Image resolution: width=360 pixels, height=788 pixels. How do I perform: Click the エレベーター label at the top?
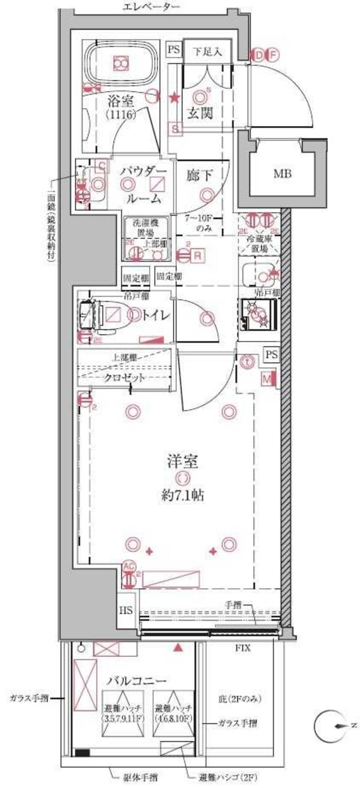coord(151,7)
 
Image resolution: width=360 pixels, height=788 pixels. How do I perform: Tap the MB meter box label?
coord(283,175)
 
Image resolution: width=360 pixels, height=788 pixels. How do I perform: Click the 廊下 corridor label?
coord(199,176)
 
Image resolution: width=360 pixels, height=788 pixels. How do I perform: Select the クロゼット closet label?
coord(125,377)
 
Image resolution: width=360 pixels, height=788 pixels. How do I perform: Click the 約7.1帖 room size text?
coord(182,496)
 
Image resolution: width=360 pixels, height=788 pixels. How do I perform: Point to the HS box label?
coord(125,612)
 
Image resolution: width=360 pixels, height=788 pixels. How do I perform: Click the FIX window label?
coord(242,649)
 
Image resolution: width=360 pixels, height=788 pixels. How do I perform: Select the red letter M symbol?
coord(266,378)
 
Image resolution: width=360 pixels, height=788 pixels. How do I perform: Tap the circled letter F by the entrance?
coord(272,55)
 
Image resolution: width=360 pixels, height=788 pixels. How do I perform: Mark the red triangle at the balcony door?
coord(178,648)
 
